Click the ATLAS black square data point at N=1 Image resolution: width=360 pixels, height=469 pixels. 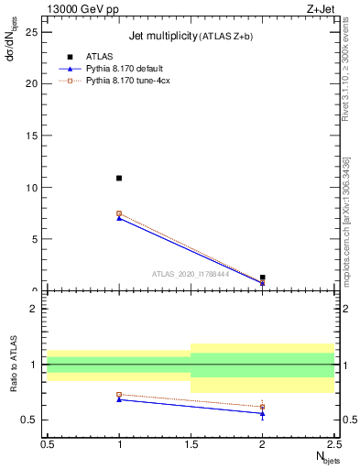[119, 178]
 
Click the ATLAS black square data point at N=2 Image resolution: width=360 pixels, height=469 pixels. [263, 277]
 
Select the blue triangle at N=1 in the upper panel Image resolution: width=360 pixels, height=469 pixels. [119, 218]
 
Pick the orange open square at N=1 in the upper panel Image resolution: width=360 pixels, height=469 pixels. [119, 213]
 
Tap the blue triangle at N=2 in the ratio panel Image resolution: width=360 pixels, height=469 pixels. [263, 413]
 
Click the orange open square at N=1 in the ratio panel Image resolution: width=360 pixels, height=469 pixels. [119, 395]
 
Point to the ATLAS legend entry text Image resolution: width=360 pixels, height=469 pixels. [98, 56]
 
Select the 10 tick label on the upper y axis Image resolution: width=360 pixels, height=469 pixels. [34, 188]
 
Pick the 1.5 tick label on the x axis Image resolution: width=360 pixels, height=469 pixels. [191, 444]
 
